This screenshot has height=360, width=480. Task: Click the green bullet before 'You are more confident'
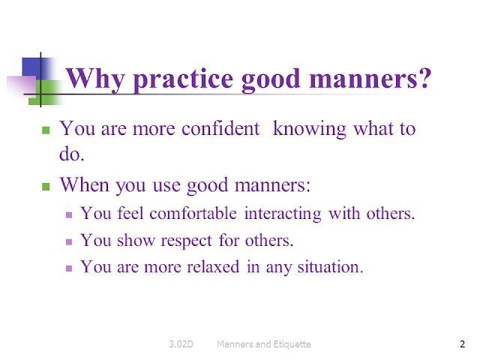(x=46, y=130)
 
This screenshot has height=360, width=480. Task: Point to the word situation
(x=325, y=266)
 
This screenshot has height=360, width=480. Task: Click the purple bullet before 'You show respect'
(x=70, y=241)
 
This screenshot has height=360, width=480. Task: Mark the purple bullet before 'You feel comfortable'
(x=70, y=214)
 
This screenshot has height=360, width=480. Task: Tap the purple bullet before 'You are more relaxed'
(x=70, y=267)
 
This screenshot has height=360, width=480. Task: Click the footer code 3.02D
(x=181, y=344)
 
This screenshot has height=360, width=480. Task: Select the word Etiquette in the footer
(x=286, y=344)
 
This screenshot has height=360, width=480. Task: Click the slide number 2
(x=462, y=344)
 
